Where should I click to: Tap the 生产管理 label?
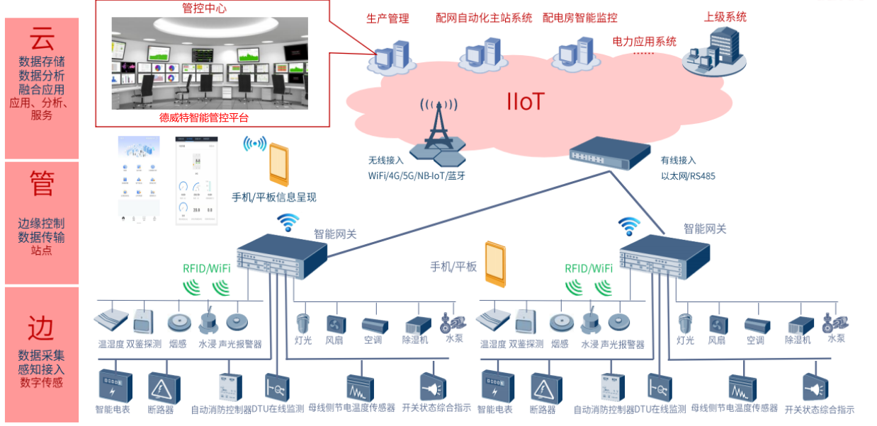(387, 18)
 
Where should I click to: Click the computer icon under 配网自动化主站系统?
(485, 52)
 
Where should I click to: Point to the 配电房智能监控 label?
(579, 18)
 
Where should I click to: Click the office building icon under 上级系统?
(714, 51)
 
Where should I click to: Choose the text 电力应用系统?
(644, 42)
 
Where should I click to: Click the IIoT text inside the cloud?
(525, 101)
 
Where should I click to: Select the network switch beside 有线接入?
(609, 152)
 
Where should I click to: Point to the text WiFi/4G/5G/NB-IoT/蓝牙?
(417, 175)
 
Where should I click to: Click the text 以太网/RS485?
(688, 175)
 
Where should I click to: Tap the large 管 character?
(41, 185)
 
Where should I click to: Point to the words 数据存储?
(41, 62)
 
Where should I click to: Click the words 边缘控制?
(41, 224)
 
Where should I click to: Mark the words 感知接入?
(41, 369)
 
